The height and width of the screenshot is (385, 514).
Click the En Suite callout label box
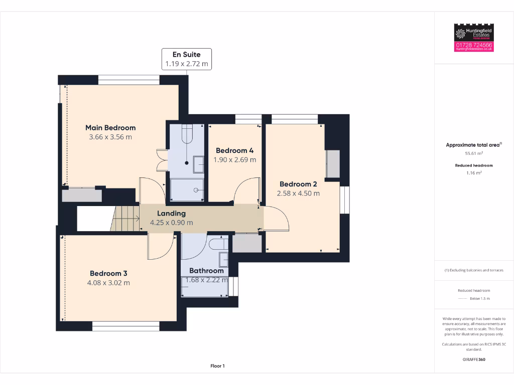click(x=186, y=59)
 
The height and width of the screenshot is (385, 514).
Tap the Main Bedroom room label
click(x=110, y=127)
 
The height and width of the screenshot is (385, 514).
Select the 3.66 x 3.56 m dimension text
click(x=110, y=137)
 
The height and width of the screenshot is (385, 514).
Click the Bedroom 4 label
click(x=234, y=150)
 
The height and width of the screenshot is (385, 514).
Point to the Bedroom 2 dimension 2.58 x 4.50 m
click(x=298, y=193)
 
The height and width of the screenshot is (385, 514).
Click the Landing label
click(x=171, y=213)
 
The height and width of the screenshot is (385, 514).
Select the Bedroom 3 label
click(x=108, y=273)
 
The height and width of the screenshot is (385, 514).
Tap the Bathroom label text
click(x=206, y=271)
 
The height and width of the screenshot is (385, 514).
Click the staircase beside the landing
click(x=125, y=219)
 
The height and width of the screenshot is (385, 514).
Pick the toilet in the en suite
click(x=187, y=134)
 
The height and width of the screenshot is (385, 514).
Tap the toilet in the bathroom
click(x=217, y=244)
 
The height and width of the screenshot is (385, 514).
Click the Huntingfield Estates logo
click(x=474, y=33)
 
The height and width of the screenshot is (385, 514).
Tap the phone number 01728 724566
click(x=474, y=45)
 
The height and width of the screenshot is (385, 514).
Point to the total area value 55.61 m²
click(x=474, y=154)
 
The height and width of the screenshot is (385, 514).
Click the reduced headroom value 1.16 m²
click(x=474, y=173)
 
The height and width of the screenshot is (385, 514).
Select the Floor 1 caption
click(x=217, y=366)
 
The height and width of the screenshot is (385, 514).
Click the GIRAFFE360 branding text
click(x=474, y=359)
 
